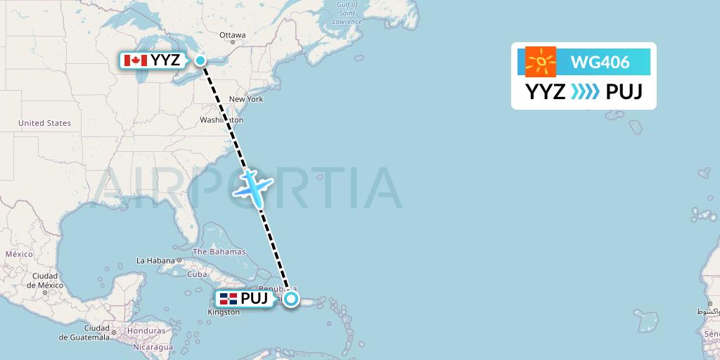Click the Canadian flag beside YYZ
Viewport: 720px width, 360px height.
tap(135, 60)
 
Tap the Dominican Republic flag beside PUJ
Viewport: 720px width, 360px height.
tap(227, 299)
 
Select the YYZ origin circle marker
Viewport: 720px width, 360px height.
tap(200, 60)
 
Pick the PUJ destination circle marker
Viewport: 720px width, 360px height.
tap(291, 299)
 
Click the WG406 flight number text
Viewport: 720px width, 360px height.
tap(600, 63)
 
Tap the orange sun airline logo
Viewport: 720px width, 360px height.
tap(541, 63)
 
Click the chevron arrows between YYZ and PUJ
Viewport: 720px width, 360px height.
tap(585, 92)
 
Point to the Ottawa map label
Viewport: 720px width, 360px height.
tap(232, 34)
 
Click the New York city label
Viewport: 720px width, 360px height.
tap(246, 99)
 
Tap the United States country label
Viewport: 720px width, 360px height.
tap(44, 123)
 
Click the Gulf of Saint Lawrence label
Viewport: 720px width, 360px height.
tap(347, 13)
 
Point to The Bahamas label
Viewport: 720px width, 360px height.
tap(219, 252)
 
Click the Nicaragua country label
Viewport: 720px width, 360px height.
tap(154, 347)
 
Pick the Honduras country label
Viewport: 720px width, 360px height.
tap(146, 330)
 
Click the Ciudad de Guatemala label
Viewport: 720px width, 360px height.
tap(84, 333)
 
